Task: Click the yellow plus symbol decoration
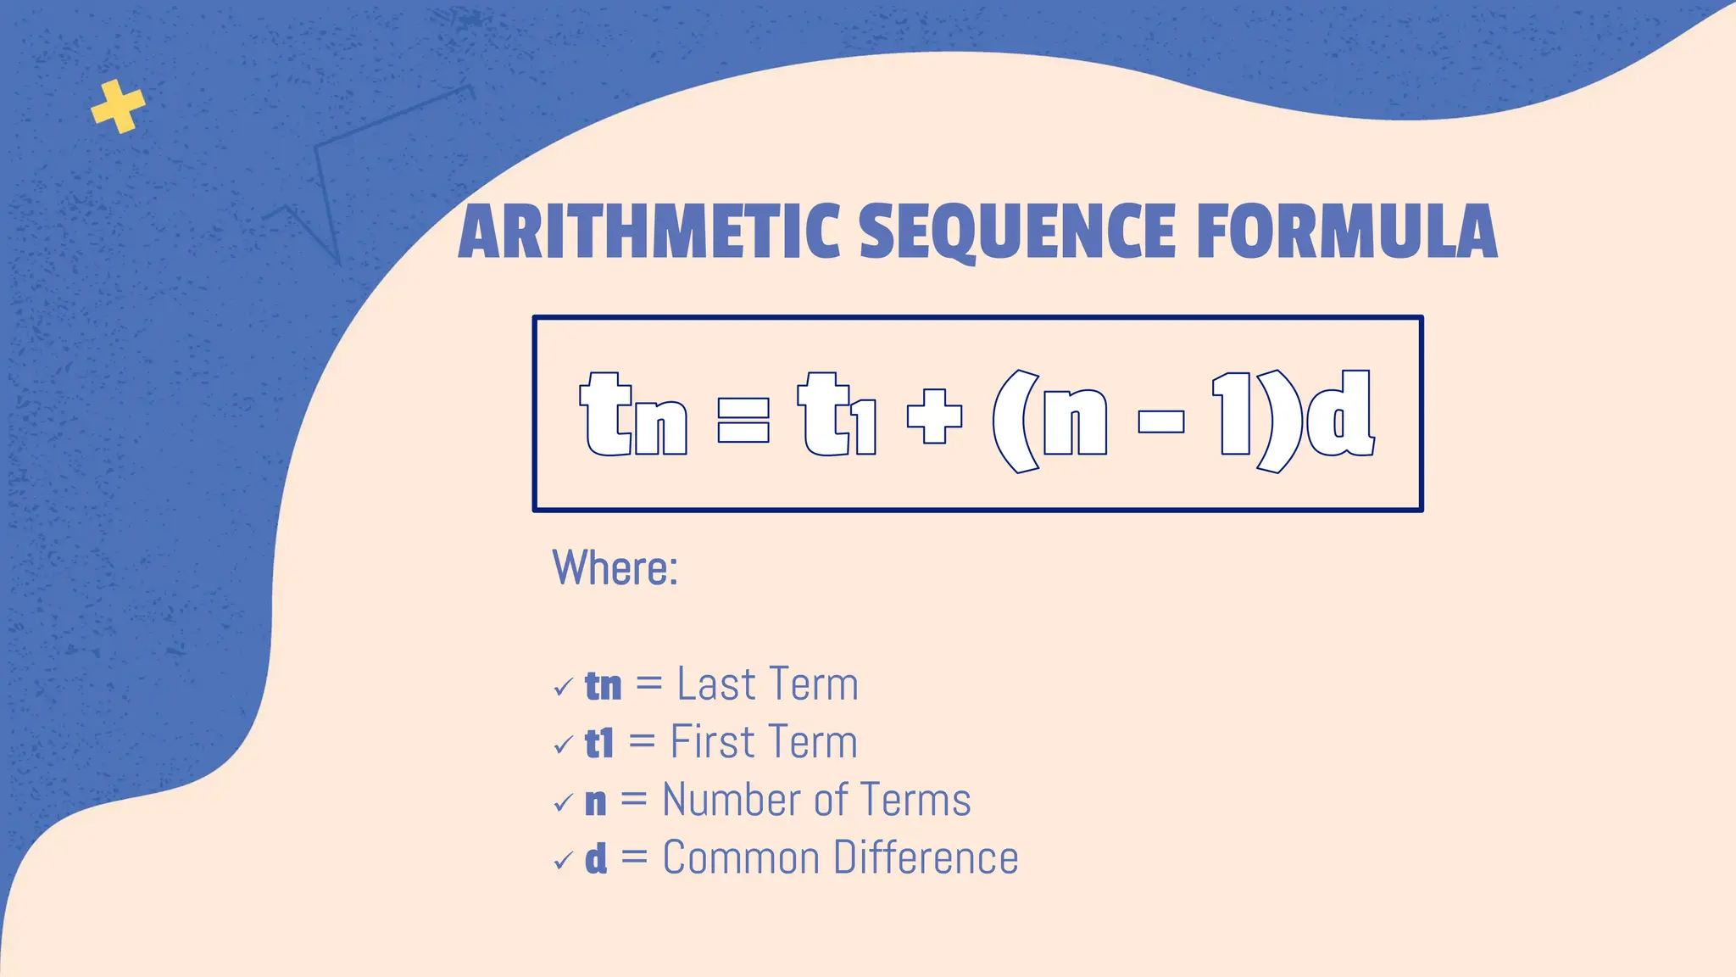[x=118, y=107]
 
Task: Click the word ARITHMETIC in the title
[x=648, y=232]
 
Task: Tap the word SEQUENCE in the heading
[x=1017, y=232]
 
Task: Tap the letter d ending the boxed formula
[x=1339, y=414]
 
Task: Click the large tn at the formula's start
[x=633, y=416]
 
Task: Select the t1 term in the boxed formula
[x=837, y=416]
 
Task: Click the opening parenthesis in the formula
[x=1015, y=421]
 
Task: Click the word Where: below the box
[x=615, y=567]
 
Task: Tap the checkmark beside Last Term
[x=563, y=687]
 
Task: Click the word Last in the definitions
[x=715, y=684]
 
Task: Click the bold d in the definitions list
[x=596, y=858]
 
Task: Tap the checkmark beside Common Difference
[x=563, y=862]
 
